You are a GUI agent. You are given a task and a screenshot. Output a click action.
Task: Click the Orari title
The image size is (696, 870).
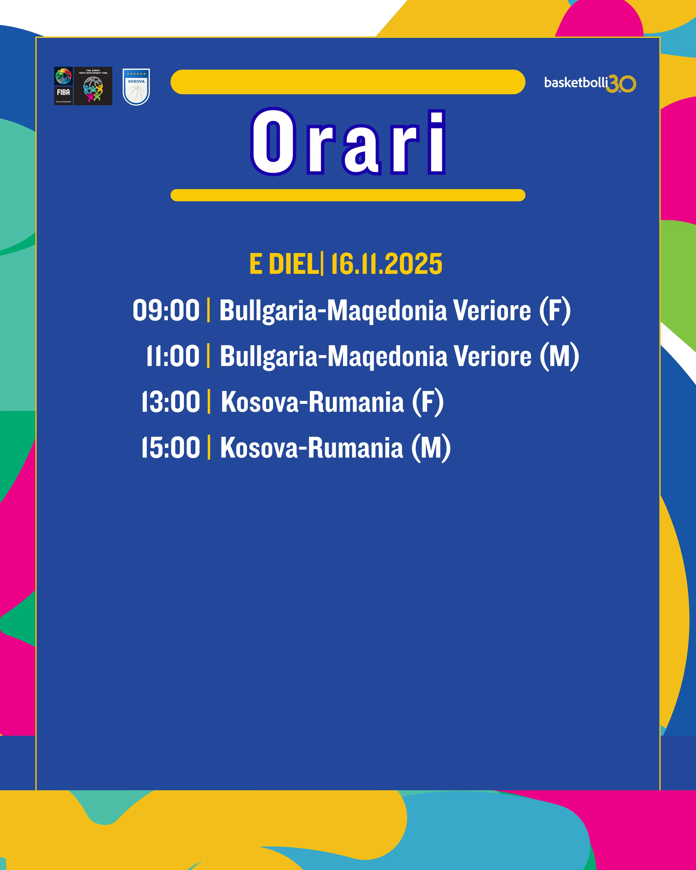point(348,142)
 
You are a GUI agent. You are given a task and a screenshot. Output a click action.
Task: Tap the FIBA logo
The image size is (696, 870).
point(63,86)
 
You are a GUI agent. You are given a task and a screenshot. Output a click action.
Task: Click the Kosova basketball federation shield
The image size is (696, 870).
point(136,87)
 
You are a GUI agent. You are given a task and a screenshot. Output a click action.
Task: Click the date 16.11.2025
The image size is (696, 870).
point(386,264)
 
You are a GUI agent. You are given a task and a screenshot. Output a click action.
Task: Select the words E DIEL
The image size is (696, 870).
point(284,264)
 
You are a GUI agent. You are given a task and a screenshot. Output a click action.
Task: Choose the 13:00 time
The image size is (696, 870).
point(171,402)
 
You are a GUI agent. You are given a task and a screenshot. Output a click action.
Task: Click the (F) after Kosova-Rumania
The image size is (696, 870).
point(428,402)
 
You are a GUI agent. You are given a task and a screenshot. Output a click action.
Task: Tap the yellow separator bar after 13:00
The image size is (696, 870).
point(209,402)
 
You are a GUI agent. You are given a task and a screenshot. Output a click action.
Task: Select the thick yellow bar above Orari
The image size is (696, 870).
point(348,82)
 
